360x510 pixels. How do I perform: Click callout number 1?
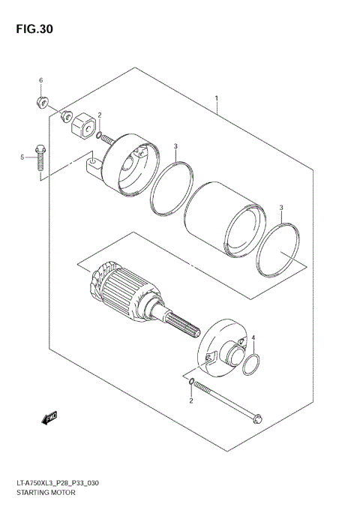tap(216, 99)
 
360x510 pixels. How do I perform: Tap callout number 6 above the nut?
tap(41, 80)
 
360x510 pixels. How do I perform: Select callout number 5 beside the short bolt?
tap(22, 157)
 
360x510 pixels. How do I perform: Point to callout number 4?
tap(253, 337)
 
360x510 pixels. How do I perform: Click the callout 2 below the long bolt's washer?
tap(191, 401)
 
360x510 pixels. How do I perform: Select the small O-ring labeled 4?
tap(253, 365)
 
